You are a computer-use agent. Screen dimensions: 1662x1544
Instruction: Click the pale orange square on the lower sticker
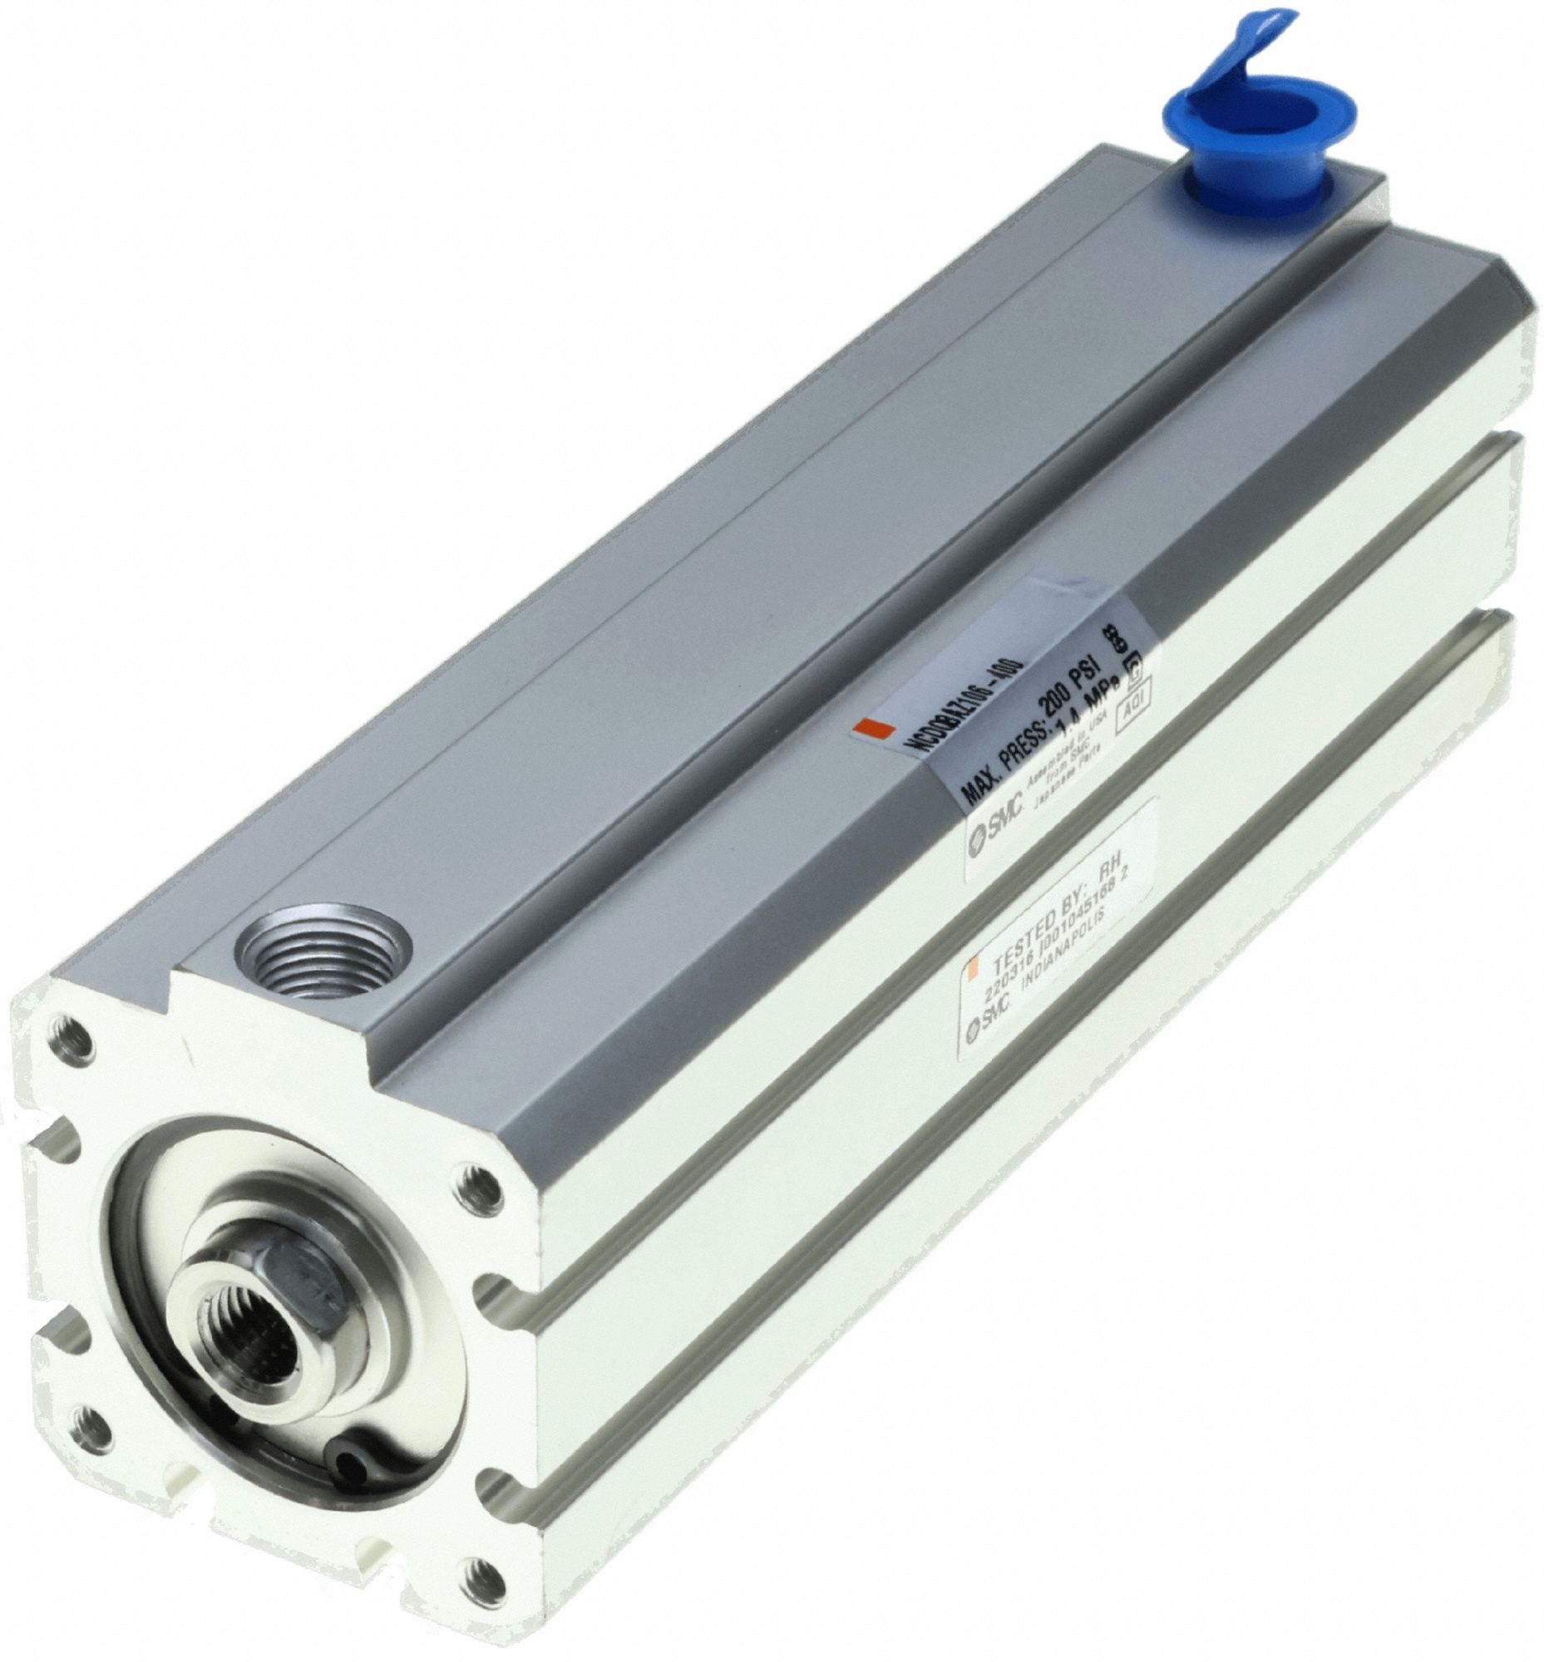coord(970,970)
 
